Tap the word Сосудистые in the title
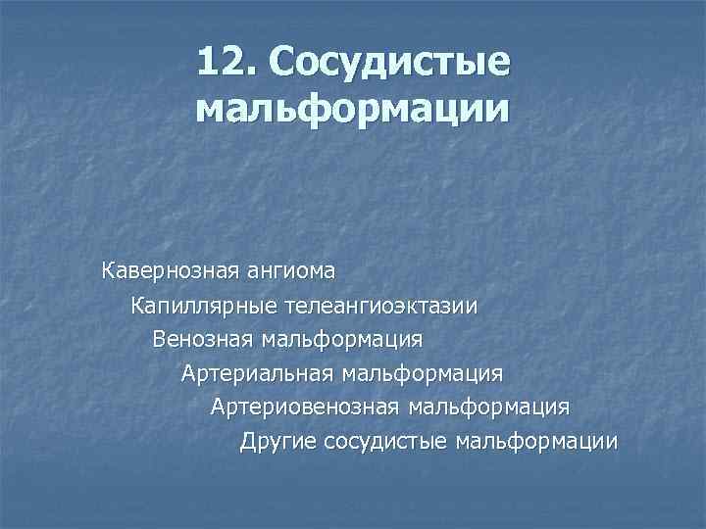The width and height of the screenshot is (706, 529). [x=391, y=63]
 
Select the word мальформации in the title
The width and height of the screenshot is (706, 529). [x=353, y=109]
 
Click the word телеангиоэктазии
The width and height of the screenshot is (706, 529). [x=381, y=306]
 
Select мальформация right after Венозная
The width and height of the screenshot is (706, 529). [x=340, y=340]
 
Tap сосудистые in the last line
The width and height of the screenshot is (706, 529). [x=385, y=441]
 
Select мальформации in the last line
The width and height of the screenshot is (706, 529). [x=537, y=441]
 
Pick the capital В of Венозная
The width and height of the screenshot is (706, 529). [x=159, y=340]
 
